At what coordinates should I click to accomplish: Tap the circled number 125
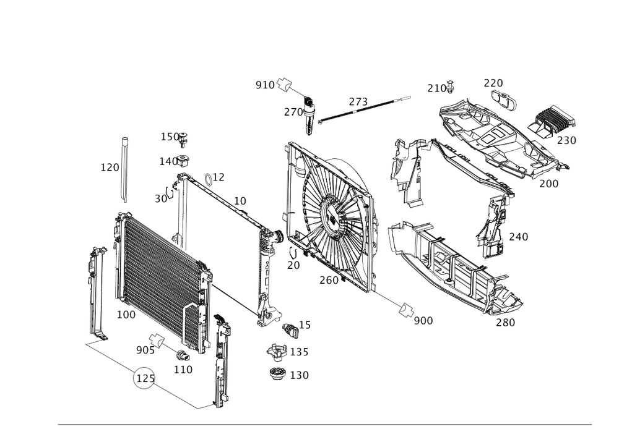coord(144,379)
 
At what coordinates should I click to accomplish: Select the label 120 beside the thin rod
coord(109,168)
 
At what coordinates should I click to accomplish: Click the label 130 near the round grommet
coord(300,375)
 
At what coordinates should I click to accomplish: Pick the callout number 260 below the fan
coord(329,281)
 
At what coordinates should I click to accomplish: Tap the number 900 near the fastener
coord(423,320)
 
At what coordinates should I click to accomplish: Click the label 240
coord(519,236)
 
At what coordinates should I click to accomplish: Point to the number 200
coord(548,184)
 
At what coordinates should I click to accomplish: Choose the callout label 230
coord(566,140)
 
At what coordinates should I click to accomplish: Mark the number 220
coord(493,83)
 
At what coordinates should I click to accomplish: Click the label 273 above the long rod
coord(358,101)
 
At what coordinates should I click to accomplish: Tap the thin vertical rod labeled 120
coord(124,170)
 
